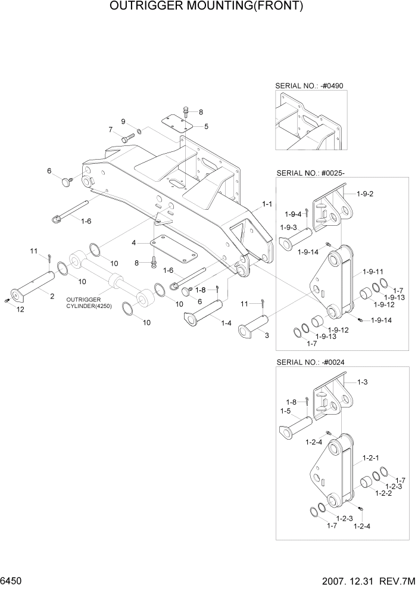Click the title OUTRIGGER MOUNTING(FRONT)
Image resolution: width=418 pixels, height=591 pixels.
coord(207,7)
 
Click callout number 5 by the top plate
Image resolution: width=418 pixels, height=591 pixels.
coord(206,126)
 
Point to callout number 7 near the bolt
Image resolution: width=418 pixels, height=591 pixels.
coord(111,130)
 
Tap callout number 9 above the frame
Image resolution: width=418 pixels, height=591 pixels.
coord(123,122)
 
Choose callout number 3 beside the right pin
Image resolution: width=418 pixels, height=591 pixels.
coord(266,335)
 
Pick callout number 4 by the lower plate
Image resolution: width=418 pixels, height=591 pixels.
coord(134,242)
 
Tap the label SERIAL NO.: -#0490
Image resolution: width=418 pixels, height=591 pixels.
coord(309,86)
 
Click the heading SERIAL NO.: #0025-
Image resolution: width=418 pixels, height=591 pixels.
coord(311,173)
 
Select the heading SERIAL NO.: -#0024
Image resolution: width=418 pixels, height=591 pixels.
coord(310,362)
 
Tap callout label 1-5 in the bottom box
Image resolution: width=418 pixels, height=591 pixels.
coord(285,411)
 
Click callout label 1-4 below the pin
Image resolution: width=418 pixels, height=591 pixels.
coord(226,323)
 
